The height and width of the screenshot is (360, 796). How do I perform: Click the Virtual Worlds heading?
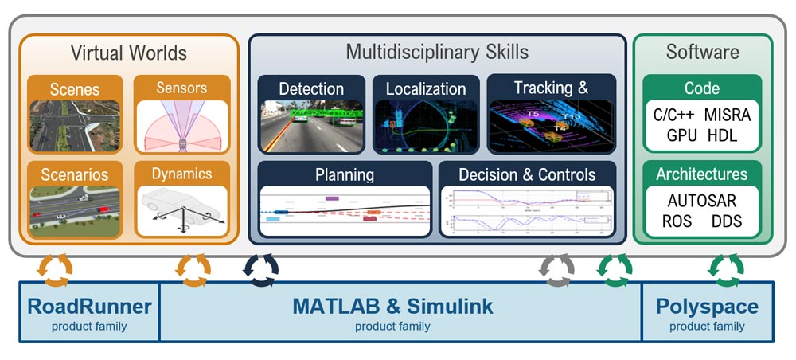[x=128, y=53]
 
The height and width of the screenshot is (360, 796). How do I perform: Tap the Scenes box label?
[x=75, y=88]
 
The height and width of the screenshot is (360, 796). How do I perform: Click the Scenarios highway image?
[x=75, y=210]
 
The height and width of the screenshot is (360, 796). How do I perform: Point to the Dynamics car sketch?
[x=181, y=210]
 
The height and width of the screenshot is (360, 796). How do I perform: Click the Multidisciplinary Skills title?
[x=437, y=53]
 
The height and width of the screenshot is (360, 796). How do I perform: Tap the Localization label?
[x=426, y=89]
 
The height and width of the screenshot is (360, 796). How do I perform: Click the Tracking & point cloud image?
[x=551, y=126]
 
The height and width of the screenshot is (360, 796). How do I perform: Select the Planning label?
[x=345, y=174]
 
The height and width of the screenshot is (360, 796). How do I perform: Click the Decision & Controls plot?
[x=527, y=211]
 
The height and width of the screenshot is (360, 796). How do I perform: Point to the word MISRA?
[x=728, y=115]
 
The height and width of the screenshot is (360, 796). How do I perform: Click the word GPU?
[x=682, y=135]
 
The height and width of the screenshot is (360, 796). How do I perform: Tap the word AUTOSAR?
[x=701, y=201]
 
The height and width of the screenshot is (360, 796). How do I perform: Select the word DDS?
[x=726, y=221]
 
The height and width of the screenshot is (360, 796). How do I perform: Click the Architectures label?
[x=701, y=174]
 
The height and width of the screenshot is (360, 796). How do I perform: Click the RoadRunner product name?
[x=88, y=306]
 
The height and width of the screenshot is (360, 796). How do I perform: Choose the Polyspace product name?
[x=707, y=306]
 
